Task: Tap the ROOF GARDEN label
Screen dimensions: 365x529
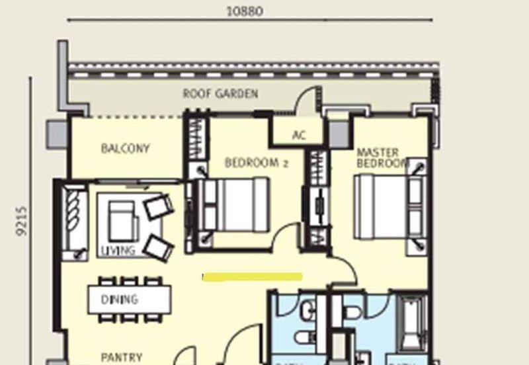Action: click(x=220, y=94)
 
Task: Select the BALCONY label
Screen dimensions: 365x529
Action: click(x=125, y=149)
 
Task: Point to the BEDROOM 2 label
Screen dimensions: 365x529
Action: click(x=257, y=163)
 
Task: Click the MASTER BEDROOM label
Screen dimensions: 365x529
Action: click(x=382, y=157)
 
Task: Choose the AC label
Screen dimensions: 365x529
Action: click(x=299, y=136)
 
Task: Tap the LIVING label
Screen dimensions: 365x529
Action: click(x=118, y=251)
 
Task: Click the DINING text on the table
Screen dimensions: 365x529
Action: click(x=120, y=300)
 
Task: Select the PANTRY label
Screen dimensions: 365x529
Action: click(x=121, y=358)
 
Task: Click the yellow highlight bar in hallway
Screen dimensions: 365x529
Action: click(x=252, y=276)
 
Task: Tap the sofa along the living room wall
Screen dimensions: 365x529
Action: click(x=74, y=223)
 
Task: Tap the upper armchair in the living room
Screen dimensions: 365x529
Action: click(x=159, y=206)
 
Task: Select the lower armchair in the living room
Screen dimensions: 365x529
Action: click(x=159, y=247)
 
